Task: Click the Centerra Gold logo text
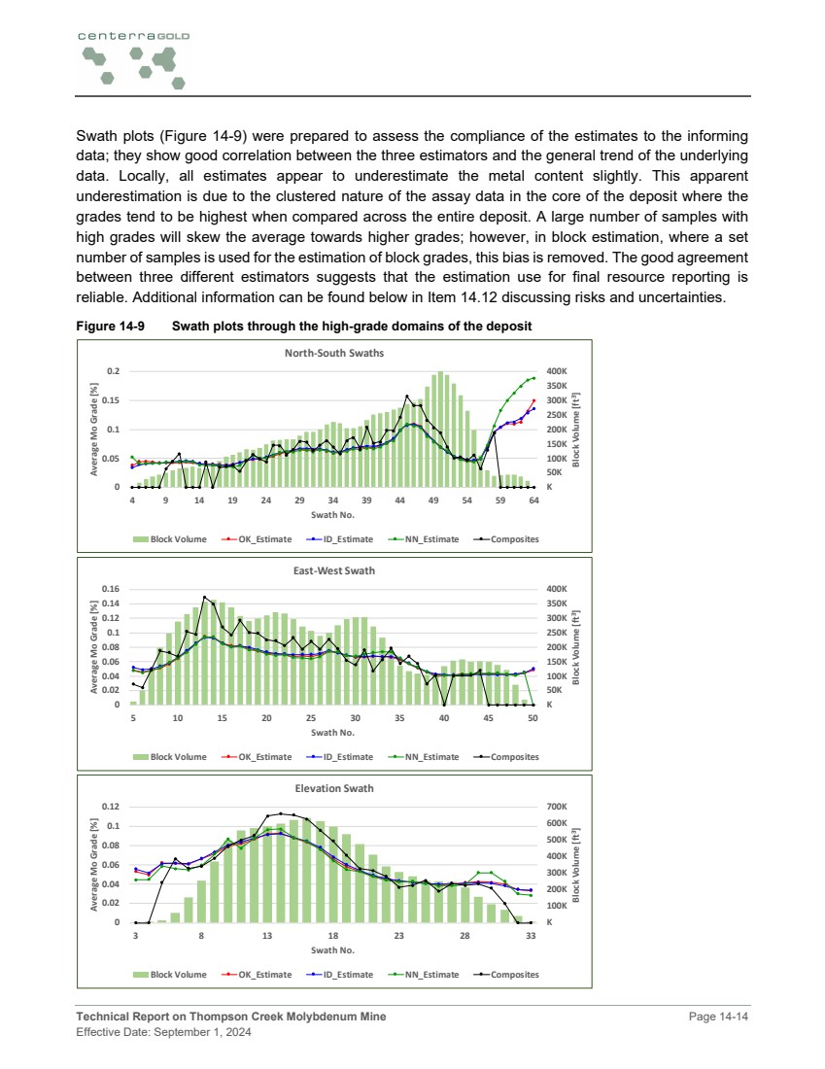[134, 35]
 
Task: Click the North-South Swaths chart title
[333, 353]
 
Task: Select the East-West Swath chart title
[333, 570]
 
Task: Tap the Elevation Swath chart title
[333, 788]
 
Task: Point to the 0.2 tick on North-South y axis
[113, 371]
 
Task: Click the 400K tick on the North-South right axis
[559, 371]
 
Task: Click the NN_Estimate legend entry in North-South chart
[431, 538]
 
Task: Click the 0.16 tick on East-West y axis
[109, 589]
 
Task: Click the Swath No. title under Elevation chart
[333, 949]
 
